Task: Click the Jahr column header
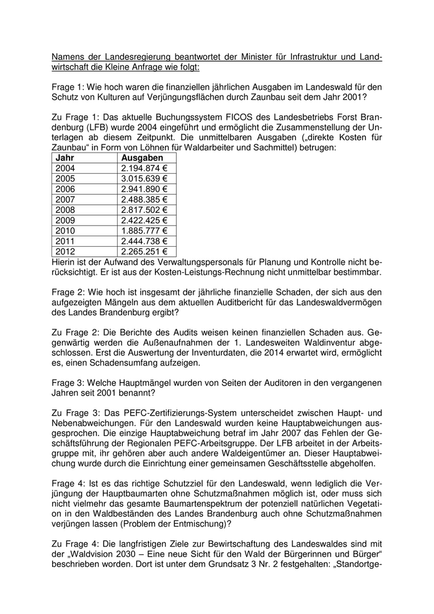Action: click(66, 158)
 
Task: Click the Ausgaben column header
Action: click(138, 158)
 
